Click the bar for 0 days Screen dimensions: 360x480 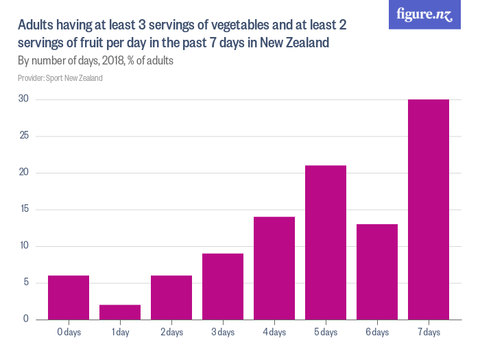(x=69, y=297)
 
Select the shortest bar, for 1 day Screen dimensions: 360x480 (x=120, y=311)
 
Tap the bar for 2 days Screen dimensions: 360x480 (x=171, y=297)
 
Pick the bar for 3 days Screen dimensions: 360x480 (x=223, y=286)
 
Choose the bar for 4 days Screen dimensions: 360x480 (x=274, y=267)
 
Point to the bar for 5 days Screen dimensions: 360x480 (x=326, y=242)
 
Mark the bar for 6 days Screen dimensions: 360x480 (x=377, y=272)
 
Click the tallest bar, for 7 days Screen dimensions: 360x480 (x=429, y=209)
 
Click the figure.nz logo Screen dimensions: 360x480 (x=425, y=14)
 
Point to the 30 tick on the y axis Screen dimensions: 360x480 (x=23, y=99)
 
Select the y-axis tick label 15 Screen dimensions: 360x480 (x=23, y=209)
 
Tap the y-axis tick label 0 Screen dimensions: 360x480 (x=25, y=319)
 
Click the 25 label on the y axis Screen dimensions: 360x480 (x=23, y=136)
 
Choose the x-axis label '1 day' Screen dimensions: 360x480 (x=120, y=333)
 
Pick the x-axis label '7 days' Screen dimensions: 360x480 (x=429, y=333)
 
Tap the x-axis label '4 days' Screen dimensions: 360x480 (x=274, y=333)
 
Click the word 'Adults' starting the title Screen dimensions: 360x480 (x=35, y=26)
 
